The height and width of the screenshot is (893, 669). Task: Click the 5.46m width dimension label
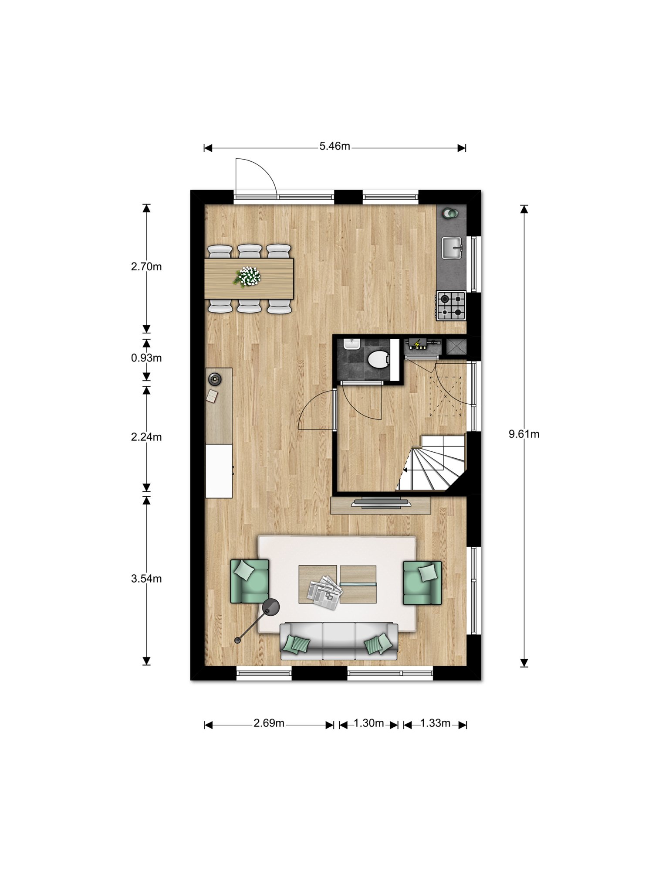(x=334, y=147)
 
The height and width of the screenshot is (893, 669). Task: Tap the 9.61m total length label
(x=524, y=434)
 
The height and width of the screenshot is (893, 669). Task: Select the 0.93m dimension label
(x=146, y=358)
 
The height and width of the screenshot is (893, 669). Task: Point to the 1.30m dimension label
(x=368, y=723)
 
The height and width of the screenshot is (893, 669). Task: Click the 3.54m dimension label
(x=146, y=579)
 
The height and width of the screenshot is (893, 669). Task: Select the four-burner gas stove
(x=451, y=306)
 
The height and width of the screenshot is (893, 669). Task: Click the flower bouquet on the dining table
(x=248, y=276)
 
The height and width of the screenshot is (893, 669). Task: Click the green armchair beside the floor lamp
(x=250, y=582)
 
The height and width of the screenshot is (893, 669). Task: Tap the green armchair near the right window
(x=422, y=583)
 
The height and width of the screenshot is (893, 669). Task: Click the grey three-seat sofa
(x=339, y=641)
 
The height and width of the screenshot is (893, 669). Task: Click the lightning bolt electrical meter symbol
(x=417, y=344)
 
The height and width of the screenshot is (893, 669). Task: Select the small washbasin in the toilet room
(x=350, y=344)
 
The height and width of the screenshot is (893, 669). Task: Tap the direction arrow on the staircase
(x=405, y=470)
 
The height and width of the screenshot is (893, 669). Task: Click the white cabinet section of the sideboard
(x=219, y=471)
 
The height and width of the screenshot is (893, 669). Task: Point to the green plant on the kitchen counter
(x=450, y=213)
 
